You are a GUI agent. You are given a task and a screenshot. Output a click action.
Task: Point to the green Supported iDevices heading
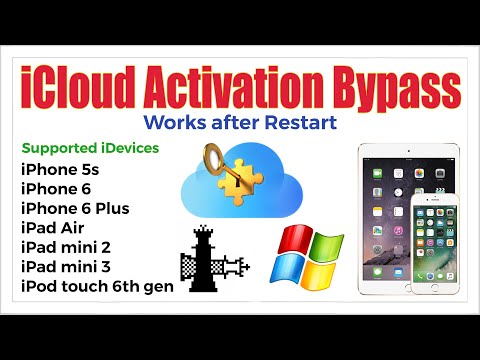point(90,148)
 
